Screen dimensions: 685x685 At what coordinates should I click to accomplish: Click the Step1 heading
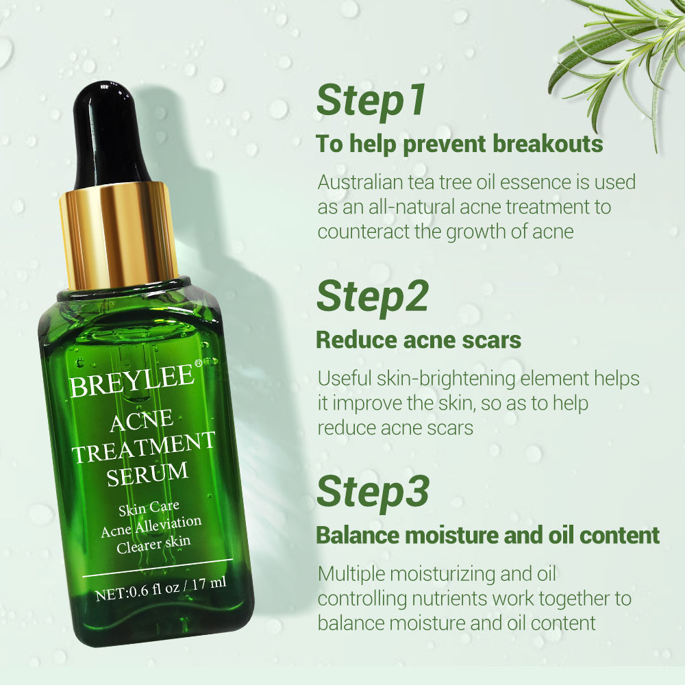[371, 101]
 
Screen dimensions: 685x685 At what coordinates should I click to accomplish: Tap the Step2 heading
[372, 297]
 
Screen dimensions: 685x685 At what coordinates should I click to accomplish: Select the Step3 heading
[373, 492]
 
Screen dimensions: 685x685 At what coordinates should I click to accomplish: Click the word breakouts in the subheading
[548, 144]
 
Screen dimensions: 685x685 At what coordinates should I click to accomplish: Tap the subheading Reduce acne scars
[419, 340]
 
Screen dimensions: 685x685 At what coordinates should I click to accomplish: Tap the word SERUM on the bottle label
[148, 474]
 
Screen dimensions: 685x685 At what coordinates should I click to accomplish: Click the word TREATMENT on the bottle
[144, 447]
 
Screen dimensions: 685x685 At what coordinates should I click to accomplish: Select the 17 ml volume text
[209, 583]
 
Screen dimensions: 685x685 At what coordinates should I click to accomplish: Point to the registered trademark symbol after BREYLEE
[198, 364]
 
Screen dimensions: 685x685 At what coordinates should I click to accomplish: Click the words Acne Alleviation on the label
[151, 526]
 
